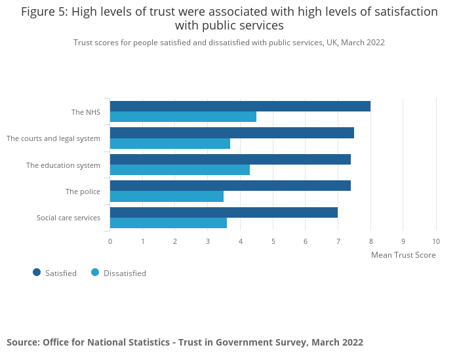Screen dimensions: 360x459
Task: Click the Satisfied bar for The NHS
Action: pos(240,106)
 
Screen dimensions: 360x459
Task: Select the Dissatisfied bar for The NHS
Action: pos(183,117)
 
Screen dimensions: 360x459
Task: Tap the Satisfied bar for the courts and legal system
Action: pos(232,133)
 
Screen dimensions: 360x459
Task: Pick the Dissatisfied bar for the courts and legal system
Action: pos(170,144)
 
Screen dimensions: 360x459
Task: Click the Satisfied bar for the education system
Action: pos(230,159)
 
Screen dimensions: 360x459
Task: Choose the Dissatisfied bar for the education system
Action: pos(180,170)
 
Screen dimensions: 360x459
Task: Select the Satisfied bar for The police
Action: pos(230,186)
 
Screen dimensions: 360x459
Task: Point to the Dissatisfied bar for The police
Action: pos(167,196)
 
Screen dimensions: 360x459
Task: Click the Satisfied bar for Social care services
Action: pos(224,212)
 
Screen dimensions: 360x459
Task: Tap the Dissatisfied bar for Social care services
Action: pos(169,223)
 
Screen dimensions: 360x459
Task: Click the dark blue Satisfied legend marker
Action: pos(37,272)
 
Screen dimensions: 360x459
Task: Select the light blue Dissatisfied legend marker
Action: pos(95,272)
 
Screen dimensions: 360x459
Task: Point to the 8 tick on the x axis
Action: pos(370,241)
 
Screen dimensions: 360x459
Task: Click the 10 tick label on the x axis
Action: pos(436,241)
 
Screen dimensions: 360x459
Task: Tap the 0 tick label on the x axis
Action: pos(110,241)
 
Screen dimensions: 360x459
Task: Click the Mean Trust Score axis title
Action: pos(403,255)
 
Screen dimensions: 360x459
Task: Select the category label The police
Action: pos(83,191)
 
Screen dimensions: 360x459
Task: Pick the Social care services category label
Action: pos(68,218)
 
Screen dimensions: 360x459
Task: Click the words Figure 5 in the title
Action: pos(43,12)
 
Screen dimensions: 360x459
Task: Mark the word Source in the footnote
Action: pos(22,342)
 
